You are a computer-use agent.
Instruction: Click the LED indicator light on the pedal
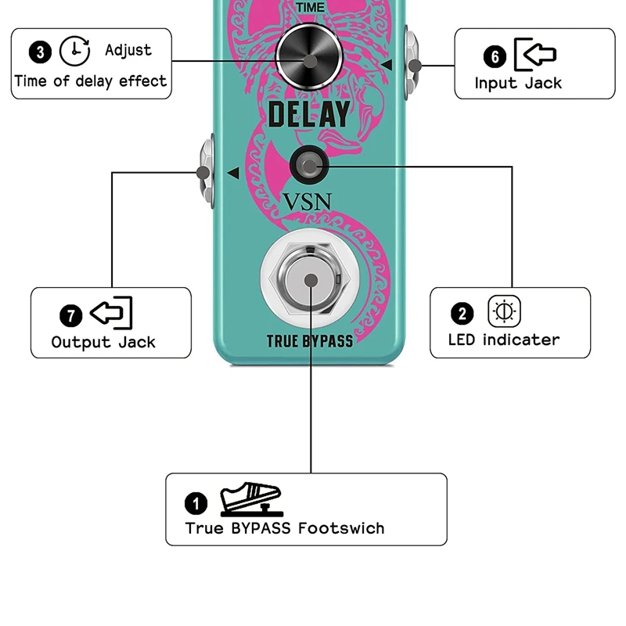311,164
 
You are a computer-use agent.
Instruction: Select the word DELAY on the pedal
309,114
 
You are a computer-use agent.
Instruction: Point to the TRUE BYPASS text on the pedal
310,341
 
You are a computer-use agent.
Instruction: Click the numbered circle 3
41,52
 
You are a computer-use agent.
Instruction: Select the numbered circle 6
494,56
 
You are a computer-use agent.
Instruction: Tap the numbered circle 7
70,316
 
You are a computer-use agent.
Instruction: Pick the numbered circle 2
462,315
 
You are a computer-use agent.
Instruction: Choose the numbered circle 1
197,502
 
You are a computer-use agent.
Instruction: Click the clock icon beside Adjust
75,51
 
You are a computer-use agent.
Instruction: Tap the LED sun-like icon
502,311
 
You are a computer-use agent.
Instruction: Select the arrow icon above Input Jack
535,54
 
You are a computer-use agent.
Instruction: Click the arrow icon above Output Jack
111,313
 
